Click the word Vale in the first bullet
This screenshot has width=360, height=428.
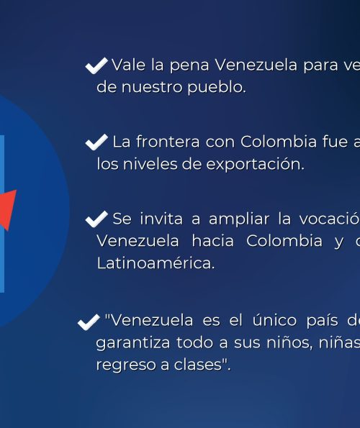tap(128, 65)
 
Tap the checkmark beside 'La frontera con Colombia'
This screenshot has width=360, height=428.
tap(96, 142)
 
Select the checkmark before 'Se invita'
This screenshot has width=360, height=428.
tap(96, 219)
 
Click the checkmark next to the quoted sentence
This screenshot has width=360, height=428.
tap(89, 322)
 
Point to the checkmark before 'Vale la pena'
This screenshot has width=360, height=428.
tap(96, 65)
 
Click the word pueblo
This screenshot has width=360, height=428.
tap(217, 87)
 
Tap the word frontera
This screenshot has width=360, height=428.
tap(168, 142)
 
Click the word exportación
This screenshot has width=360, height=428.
tap(255, 164)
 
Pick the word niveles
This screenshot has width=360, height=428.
tap(150, 164)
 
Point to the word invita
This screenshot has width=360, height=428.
tap(161, 219)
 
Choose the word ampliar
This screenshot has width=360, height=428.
tap(239, 219)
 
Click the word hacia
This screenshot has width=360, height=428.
tap(213, 241)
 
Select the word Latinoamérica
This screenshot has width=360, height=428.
tap(156, 263)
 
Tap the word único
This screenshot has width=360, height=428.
tap(274, 320)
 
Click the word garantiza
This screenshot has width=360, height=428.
tap(132, 343)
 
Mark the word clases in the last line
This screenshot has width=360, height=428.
tap(197, 365)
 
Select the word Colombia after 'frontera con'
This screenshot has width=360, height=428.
tap(279, 142)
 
